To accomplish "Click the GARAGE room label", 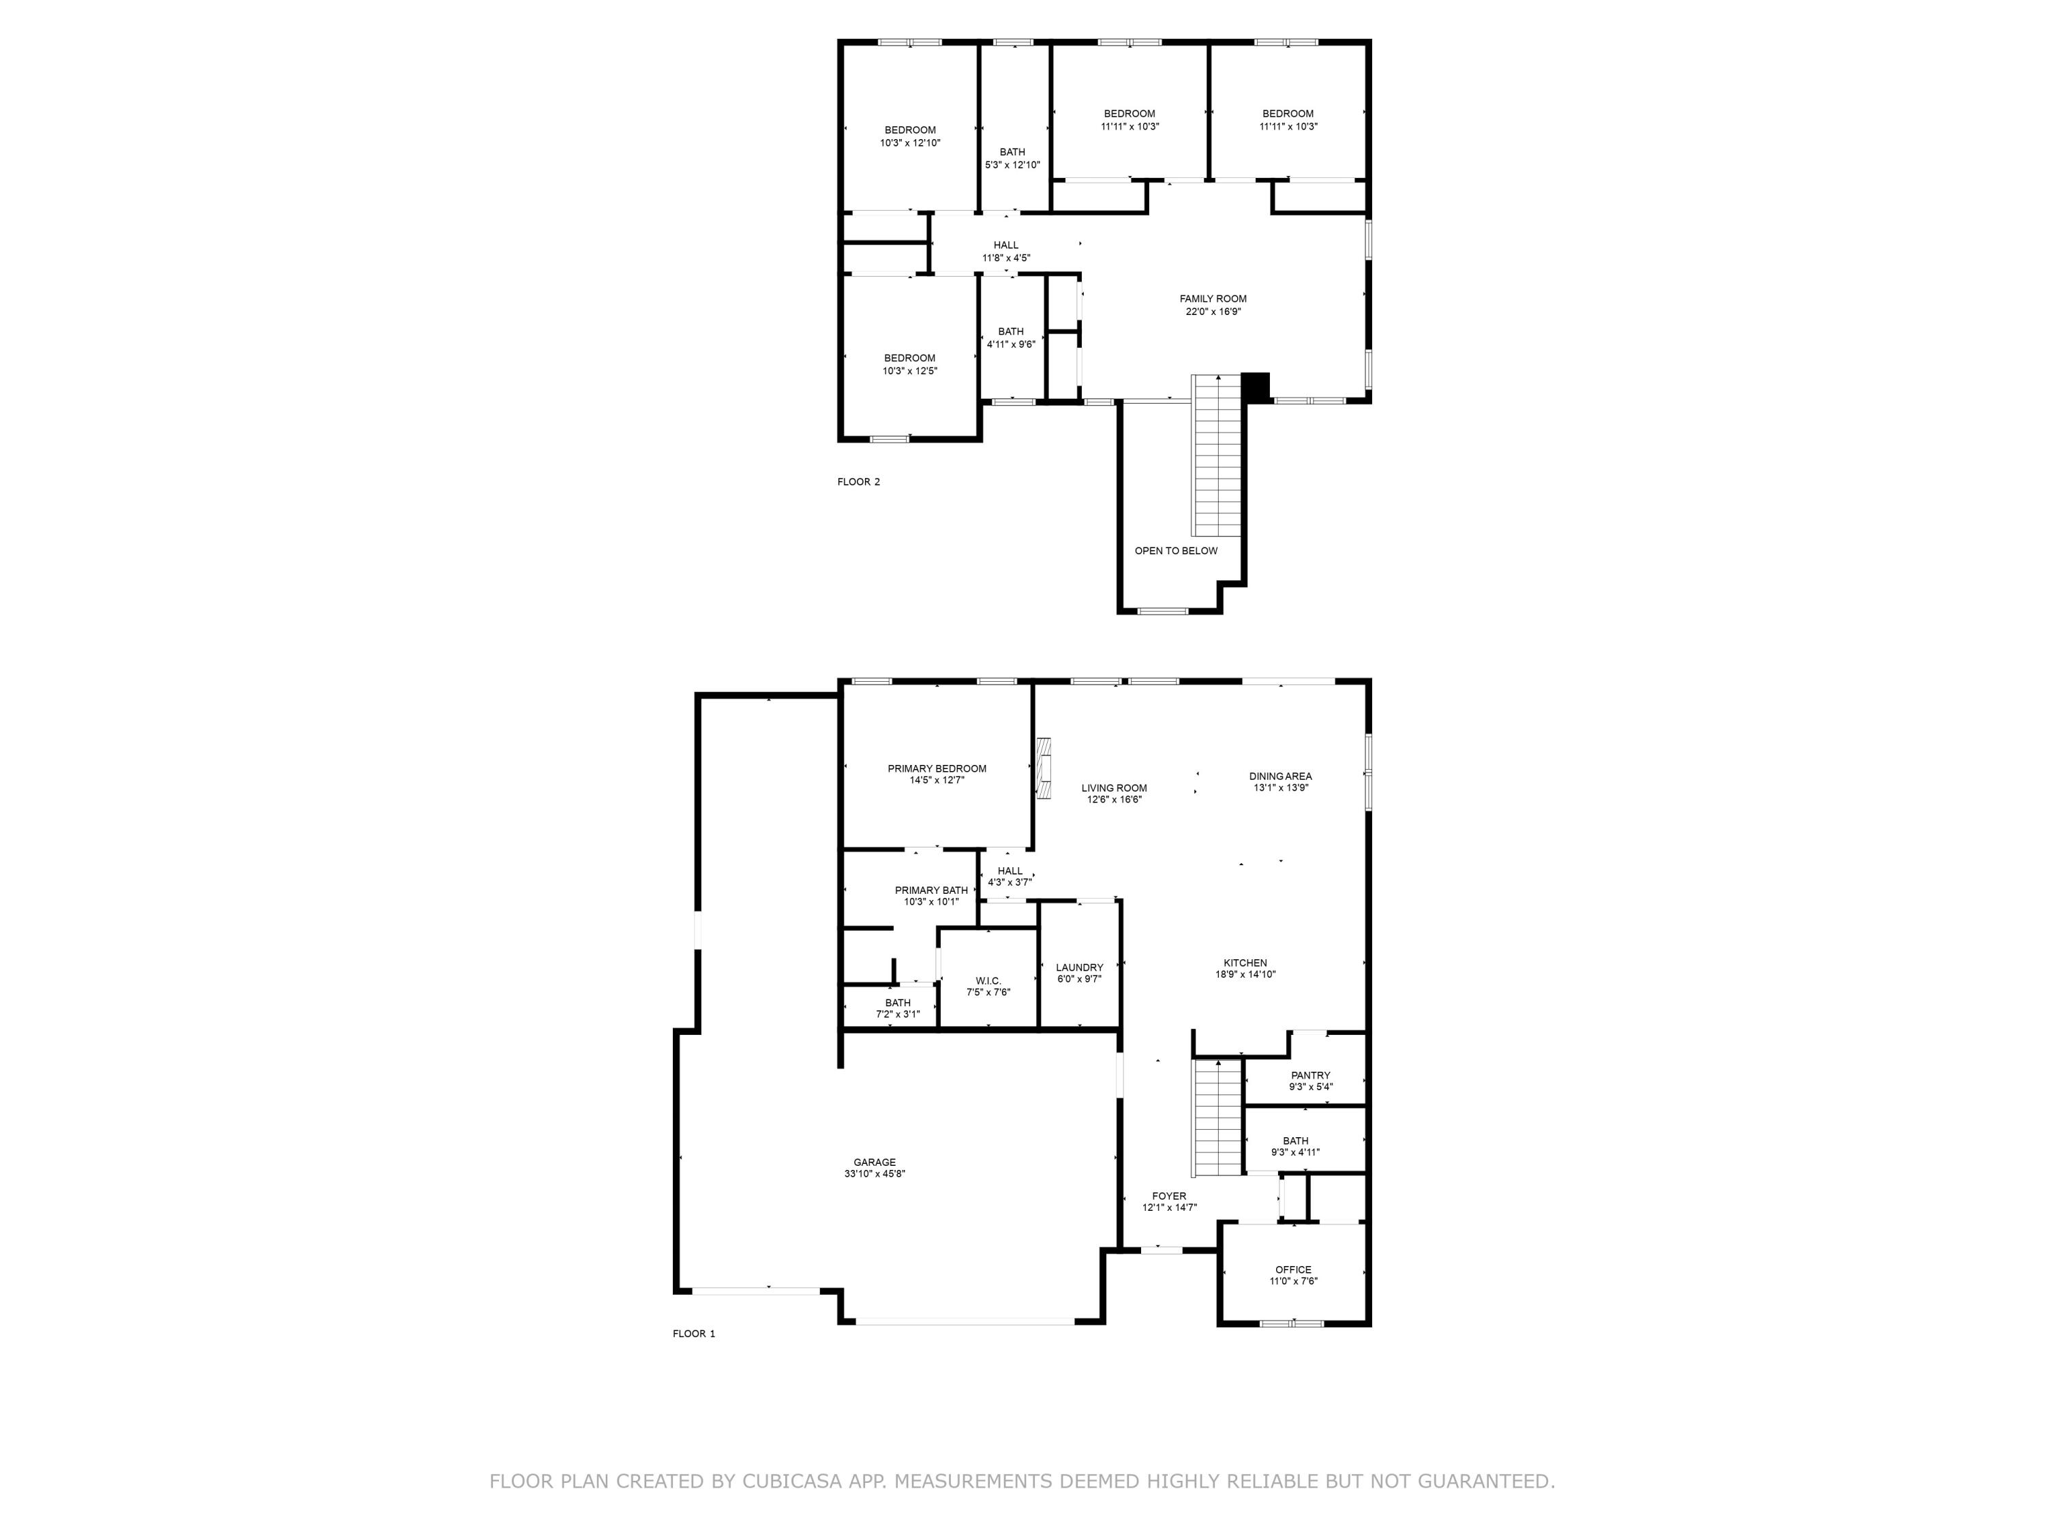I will [874, 1162].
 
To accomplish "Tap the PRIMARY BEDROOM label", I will [937, 768].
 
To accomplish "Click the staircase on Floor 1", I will [1217, 1119].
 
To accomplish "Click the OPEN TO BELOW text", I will [1176, 551].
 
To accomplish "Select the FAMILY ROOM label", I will [1213, 299].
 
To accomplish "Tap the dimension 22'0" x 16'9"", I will [1213, 312].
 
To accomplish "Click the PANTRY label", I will [1310, 1075].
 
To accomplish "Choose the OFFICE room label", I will [1292, 1269].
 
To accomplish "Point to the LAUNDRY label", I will [1079, 967].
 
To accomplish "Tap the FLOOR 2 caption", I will [858, 482].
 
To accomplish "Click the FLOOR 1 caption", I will [693, 1334].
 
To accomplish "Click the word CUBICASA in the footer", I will [792, 1482].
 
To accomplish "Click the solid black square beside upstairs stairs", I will [1256, 386].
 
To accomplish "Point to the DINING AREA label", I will [1279, 777].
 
